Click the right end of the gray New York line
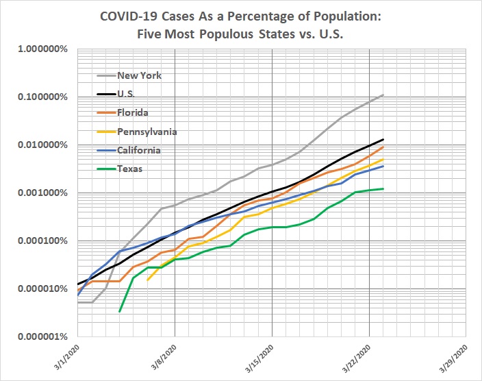click(x=383, y=95)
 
